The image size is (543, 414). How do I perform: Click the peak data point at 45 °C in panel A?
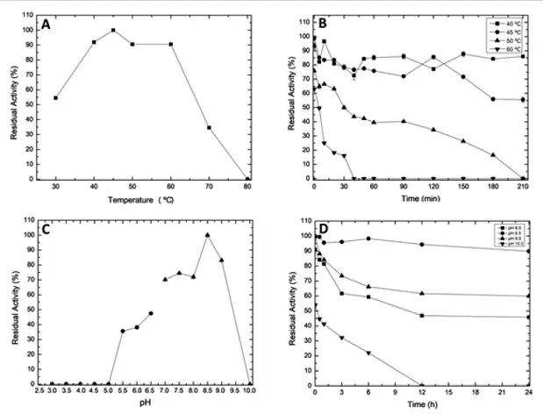pyautogui.click(x=113, y=30)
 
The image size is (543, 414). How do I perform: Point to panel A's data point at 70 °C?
pyautogui.click(x=209, y=127)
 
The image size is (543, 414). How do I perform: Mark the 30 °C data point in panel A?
pyautogui.click(x=56, y=98)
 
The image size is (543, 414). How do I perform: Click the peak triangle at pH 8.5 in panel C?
pyautogui.click(x=207, y=234)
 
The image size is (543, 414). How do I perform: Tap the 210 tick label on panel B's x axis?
pyautogui.click(x=525, y=187)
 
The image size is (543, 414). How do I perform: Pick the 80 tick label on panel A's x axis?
pyautogui.click(x=247, y=187)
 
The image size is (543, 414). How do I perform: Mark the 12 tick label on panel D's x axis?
pyautogui.click(x=422, y=392)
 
